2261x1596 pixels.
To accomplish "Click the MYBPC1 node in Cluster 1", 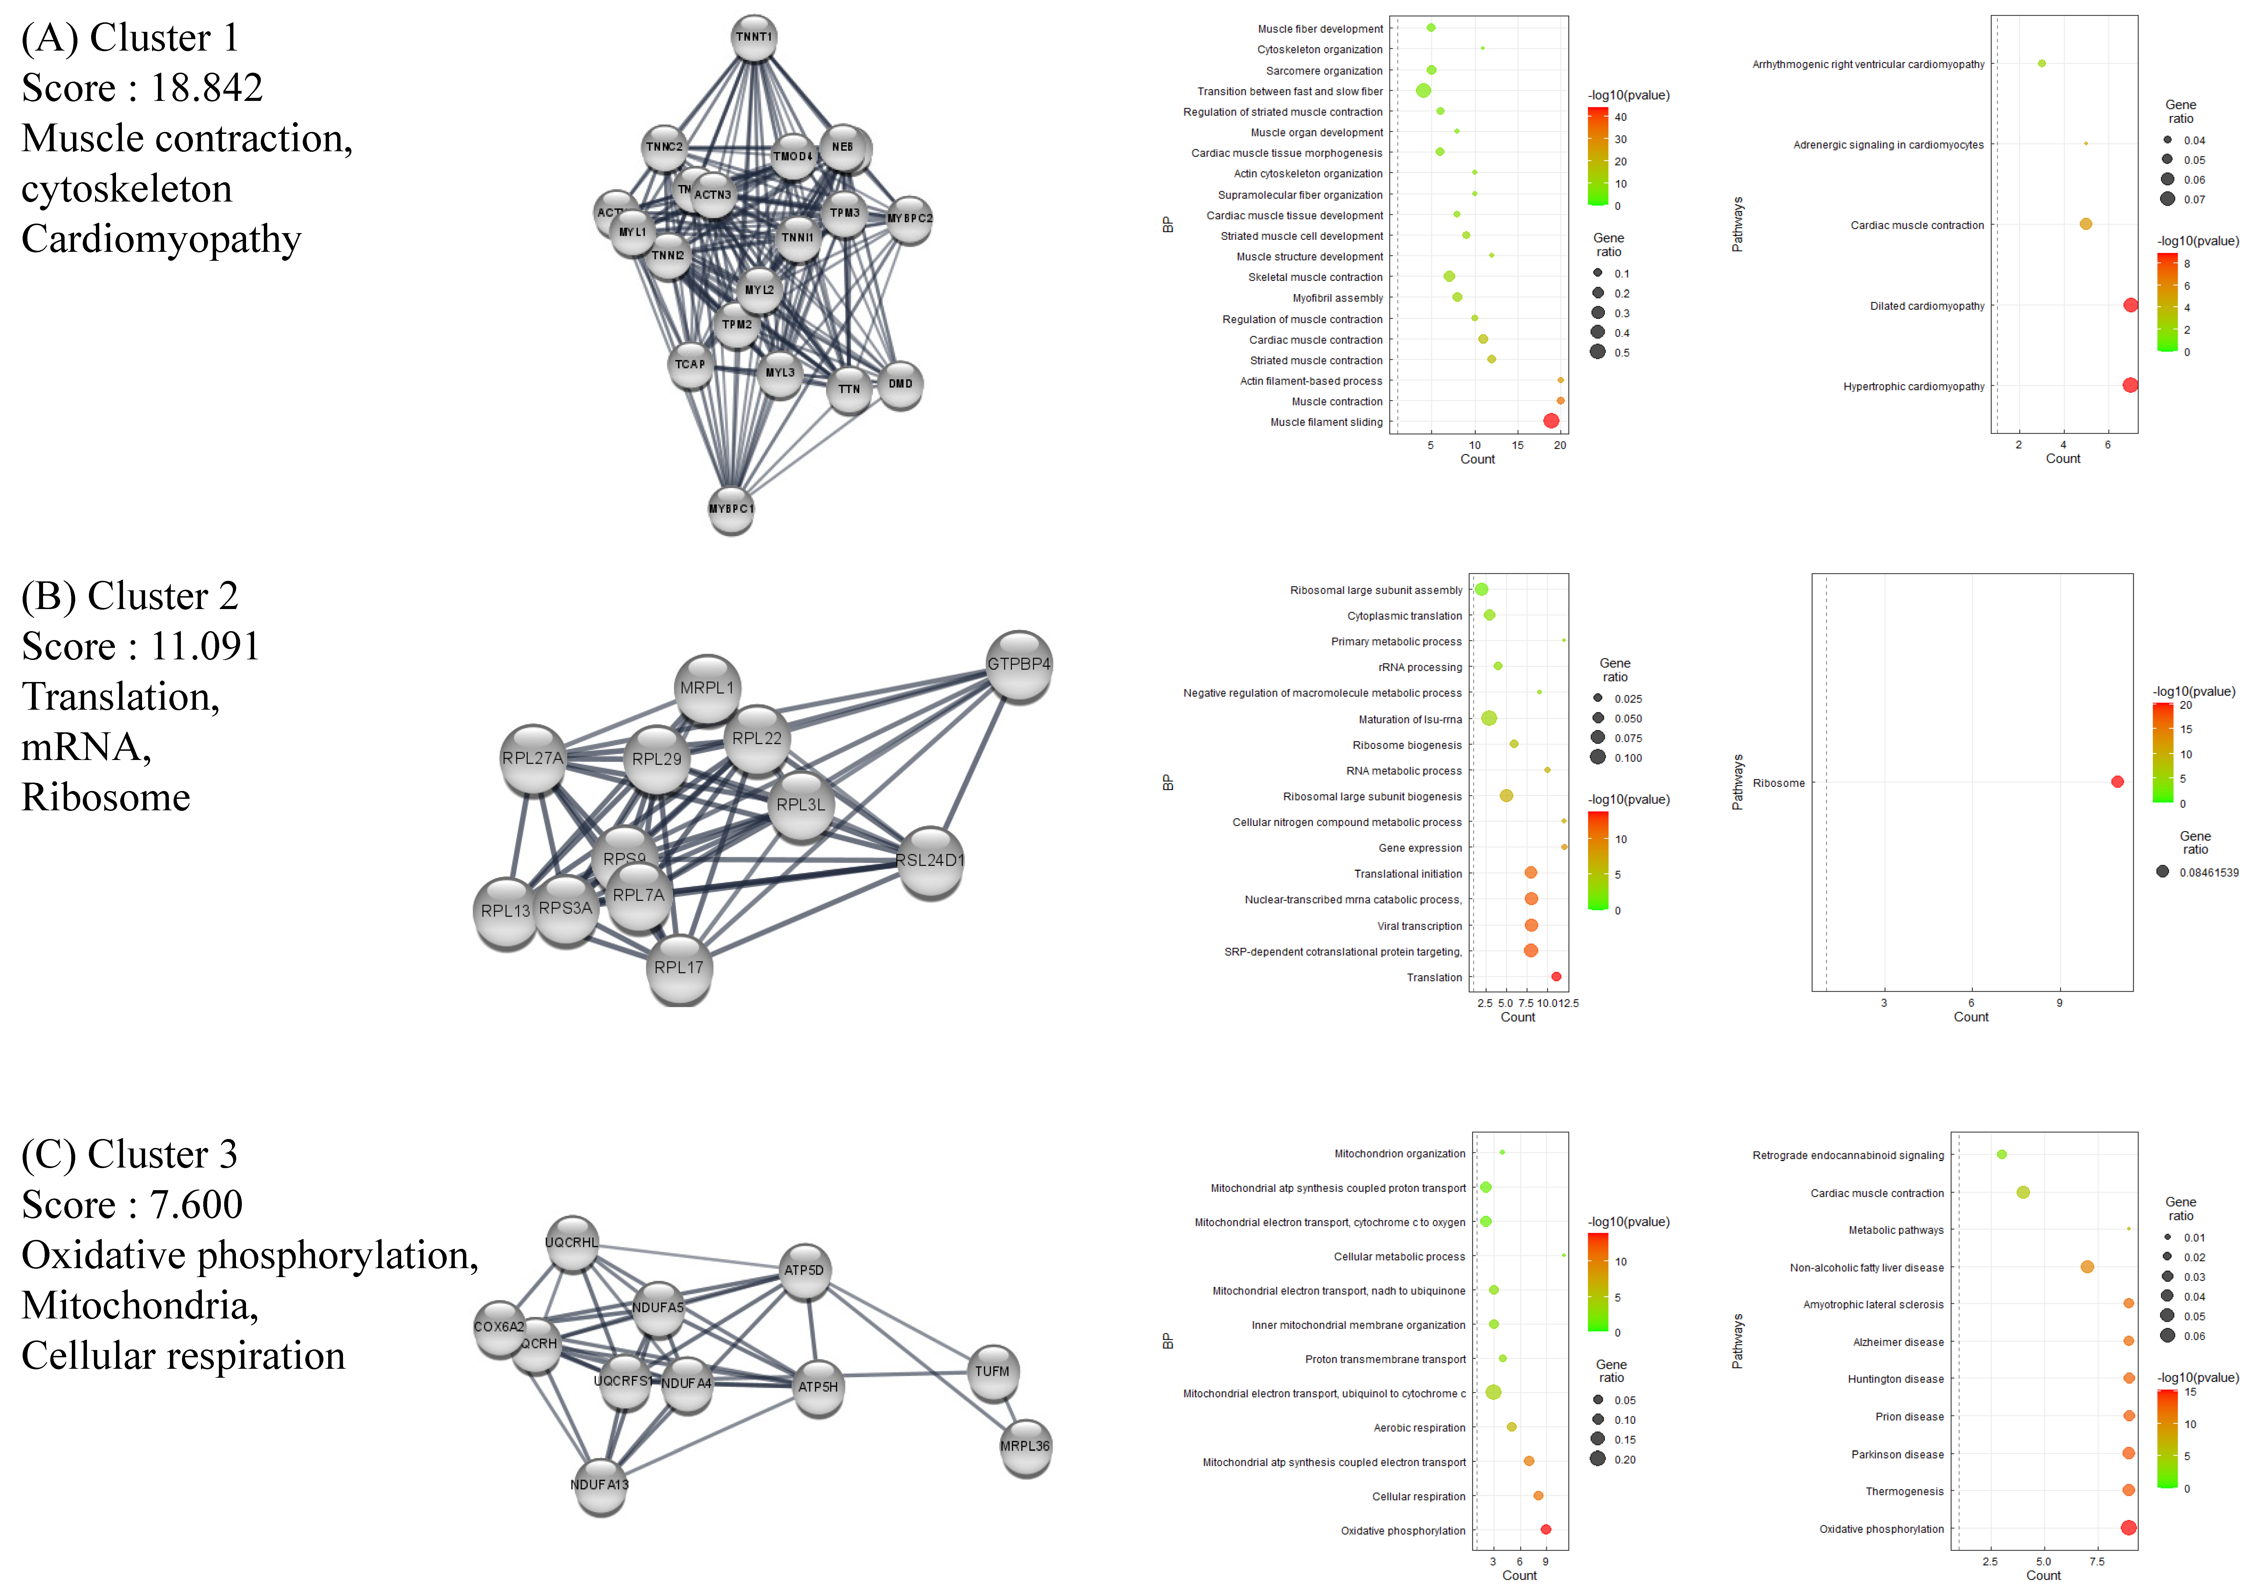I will tap(731, 509).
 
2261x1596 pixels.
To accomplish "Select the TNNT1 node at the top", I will tap(754, 37).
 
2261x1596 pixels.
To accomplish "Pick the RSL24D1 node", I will tap(930, 861).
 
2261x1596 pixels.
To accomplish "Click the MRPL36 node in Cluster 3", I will tap(1025, 1446).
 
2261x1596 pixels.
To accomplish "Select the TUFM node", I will tap(992, 1372).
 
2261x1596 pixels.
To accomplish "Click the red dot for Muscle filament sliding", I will tap(1551, 422).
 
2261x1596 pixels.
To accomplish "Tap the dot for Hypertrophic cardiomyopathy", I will tap(2130, 386).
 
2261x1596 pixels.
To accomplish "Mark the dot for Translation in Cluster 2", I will tap(1556, 977).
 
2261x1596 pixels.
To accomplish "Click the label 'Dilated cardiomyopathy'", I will tap(1927, 306).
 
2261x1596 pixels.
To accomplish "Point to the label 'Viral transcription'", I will tap(1419, 927).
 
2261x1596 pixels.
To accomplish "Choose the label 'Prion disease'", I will tap(1909, 1417).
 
